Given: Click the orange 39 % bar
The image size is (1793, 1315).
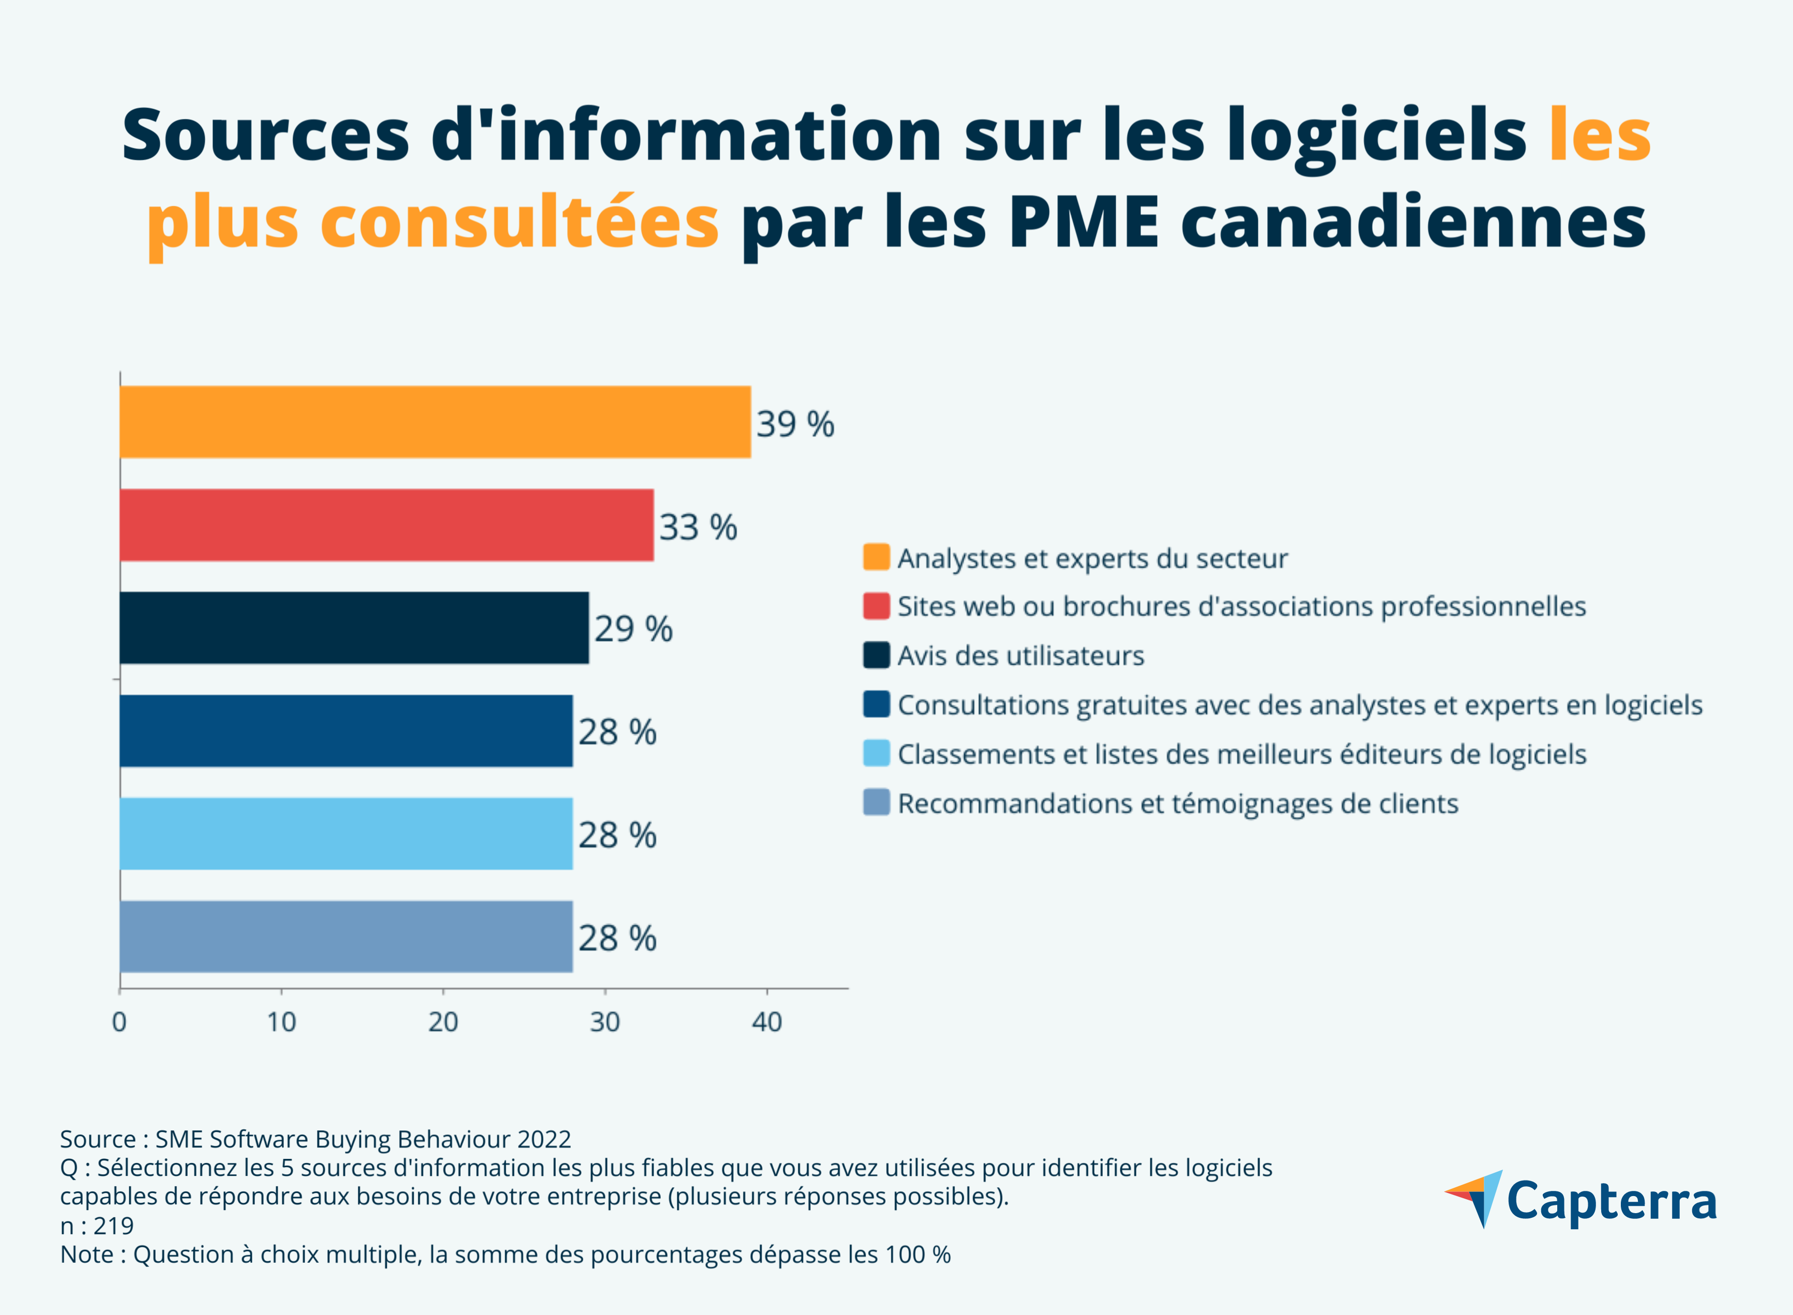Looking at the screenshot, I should click(x=434, y=422).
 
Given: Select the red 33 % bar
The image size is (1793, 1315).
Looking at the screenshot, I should click(x=386, y=525).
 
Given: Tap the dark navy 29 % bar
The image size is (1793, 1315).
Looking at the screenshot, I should click(x=354, y=628).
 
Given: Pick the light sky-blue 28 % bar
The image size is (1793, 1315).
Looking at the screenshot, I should click(x=346, y=834).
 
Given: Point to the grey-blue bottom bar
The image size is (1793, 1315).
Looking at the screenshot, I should click(x=346, y=937).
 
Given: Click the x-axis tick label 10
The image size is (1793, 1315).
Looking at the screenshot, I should click(x=281, y=1022).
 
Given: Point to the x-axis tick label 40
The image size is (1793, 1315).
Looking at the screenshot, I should click(x=766, y=1022).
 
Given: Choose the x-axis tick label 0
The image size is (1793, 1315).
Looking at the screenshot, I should click(x=119, y=1022).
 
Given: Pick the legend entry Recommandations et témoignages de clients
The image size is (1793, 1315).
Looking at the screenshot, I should click(x=1178, y=804).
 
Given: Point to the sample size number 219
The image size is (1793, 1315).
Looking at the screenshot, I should click(x=113, y=1226).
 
